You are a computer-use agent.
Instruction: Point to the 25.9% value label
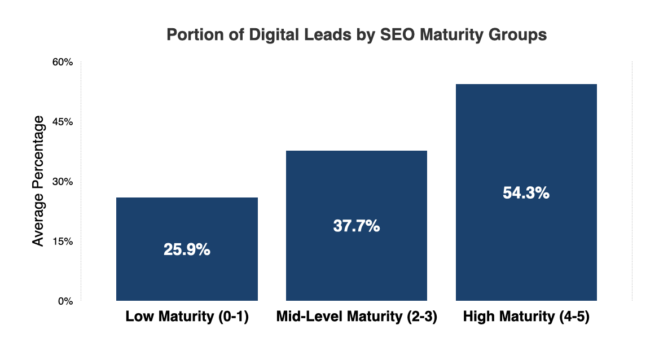pyautogui.click(x=187, y=250)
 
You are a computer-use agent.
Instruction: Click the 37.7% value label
pyautogui.click(x=357, y=226)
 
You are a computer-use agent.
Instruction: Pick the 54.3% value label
pyautogui.click(x=526, y=193)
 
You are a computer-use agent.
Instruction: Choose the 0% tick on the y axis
pyautogui.click(x=66, y=301)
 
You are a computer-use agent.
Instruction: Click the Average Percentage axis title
pyautogui.click(x=38, y=181)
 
